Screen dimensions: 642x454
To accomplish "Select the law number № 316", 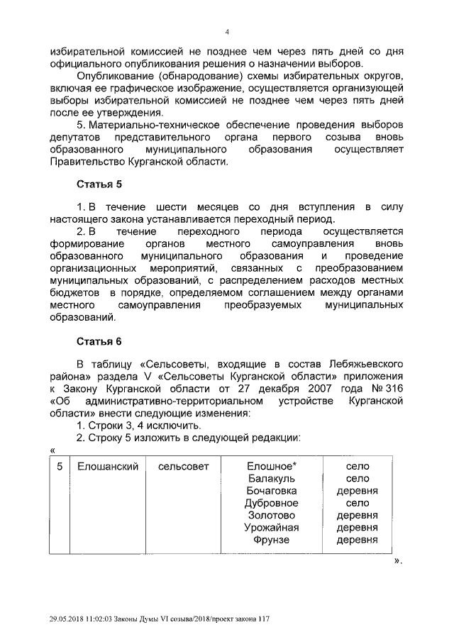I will coord(389,388).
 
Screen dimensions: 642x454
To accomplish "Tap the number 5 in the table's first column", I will coord(60,466).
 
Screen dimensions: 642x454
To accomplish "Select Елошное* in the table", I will coord(271,466).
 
